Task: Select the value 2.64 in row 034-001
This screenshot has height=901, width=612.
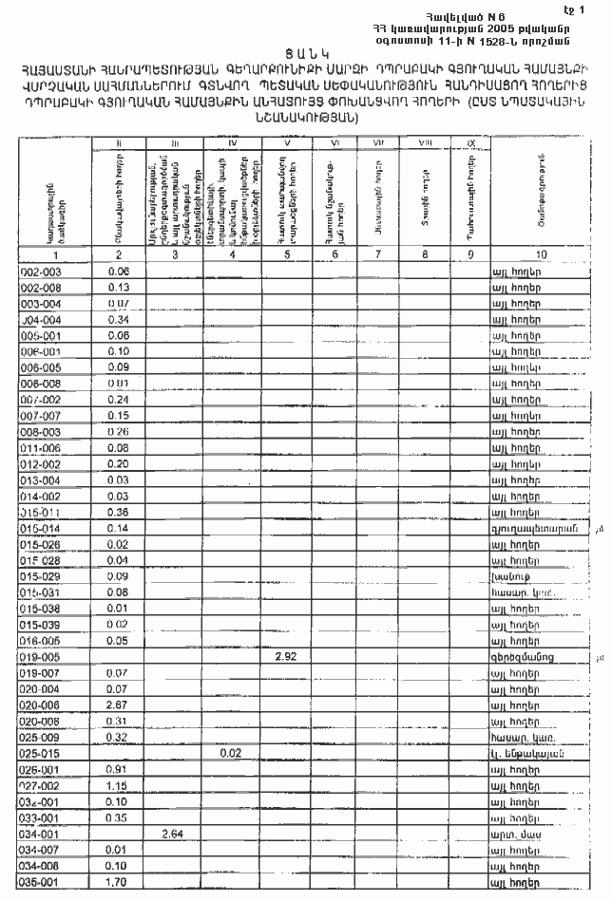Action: [172, 834]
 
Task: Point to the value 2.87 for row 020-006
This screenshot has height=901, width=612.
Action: [118, 705]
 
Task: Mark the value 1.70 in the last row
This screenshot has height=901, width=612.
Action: [118, 882]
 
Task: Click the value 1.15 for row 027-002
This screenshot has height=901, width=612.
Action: [118, 786]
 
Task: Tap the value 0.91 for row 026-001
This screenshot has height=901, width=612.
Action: [118, 769]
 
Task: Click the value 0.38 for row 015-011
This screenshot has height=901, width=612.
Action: [118, 511]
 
